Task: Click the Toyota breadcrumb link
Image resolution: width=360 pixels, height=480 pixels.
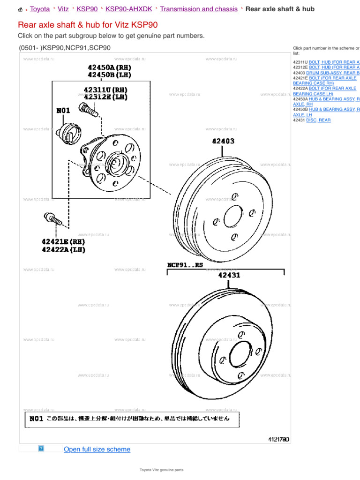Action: point(40,9)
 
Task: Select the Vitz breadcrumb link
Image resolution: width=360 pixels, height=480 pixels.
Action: point(63,9)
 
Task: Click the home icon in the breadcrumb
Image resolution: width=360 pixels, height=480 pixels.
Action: point(21,9)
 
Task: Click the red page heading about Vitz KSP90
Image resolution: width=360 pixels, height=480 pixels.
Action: point(88,25)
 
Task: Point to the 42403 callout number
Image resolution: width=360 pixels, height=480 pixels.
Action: point(223,141)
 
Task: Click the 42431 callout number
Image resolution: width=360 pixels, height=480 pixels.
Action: point(229,275)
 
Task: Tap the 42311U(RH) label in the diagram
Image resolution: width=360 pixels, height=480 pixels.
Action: point(105,90)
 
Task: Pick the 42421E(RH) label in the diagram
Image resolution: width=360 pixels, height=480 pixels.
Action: point(63,241)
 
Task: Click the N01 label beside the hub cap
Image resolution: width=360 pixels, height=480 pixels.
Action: point(63,111)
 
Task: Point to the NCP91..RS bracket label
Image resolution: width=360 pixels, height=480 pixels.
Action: point(185,265)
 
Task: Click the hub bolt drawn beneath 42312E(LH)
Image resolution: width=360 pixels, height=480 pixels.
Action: point(88,109)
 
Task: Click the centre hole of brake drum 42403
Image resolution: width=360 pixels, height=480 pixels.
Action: point(232,217)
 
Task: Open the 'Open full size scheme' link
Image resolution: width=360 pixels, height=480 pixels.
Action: point(97,449)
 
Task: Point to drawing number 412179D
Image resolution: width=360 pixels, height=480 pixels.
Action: point(278,439)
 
